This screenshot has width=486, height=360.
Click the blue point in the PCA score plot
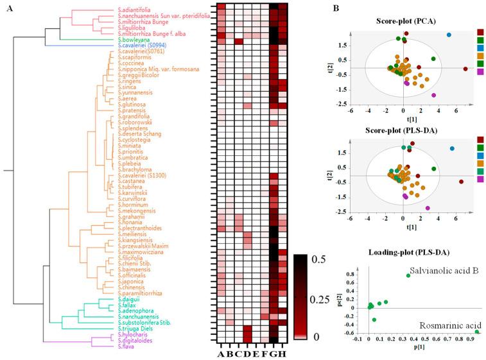[449, 35]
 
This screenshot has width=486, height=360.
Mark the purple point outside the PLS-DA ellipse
[428, 208]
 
